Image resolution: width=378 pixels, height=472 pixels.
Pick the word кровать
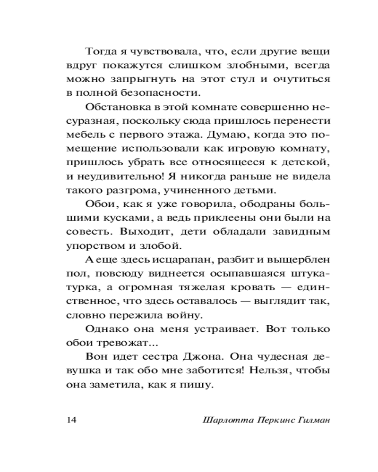pos(266,287)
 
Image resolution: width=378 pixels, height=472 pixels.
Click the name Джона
pos(192,357)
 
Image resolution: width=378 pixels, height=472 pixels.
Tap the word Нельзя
pos(266,371)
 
